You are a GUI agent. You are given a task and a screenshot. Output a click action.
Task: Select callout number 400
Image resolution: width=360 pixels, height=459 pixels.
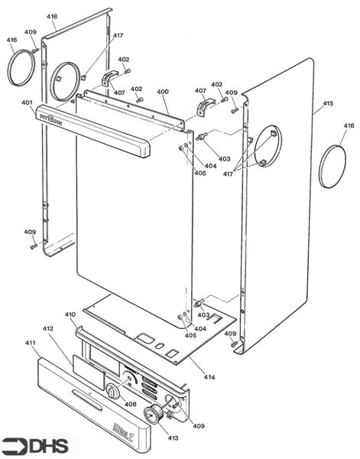(x=162, y=91)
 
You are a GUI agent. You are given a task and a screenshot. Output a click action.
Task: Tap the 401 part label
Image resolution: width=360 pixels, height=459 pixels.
(x=28, y=103)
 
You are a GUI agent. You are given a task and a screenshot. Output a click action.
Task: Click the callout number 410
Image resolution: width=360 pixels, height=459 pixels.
(x=70, y=314)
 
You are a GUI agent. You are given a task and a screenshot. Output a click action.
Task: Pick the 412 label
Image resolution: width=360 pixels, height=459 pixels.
(x=48, y=329)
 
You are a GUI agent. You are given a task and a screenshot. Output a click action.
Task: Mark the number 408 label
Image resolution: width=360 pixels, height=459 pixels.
(x=130, y=404)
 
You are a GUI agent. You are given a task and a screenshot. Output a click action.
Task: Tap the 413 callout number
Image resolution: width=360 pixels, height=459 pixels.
(x=173, y=438)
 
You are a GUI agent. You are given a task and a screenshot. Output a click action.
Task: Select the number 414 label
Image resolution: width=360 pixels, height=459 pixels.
(x=209, y=376)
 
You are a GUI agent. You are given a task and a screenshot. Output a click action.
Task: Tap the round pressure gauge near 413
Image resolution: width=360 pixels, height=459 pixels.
(x=153, y=414)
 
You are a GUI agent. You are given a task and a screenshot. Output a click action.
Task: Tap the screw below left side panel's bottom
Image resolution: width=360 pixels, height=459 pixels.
(x=34, y=246)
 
